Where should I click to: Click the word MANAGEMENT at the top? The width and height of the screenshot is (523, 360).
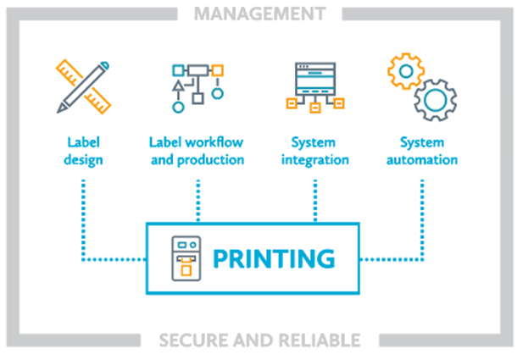point(259,14)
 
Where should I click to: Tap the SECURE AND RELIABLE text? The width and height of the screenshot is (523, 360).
point(259,340)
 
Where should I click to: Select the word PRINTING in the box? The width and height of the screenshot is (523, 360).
point(273,258)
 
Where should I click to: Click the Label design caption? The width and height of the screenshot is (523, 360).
point(83,150)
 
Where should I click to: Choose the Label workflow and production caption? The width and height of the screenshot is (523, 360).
point(197,150)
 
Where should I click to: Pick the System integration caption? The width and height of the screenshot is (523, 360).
point(314,150)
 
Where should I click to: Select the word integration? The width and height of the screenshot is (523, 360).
point(314,159)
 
